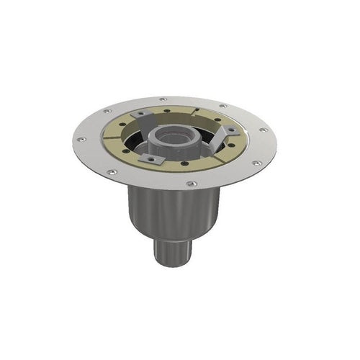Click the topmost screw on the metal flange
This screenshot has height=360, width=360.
click(x=163, y=99)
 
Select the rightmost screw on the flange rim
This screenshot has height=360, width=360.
click(x=265, y=131)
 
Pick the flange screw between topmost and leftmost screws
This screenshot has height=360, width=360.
click(x=108, y=112)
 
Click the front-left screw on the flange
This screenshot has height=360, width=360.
click(x=112, y=171)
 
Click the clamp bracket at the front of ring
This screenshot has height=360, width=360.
click(x=153, y=157)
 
